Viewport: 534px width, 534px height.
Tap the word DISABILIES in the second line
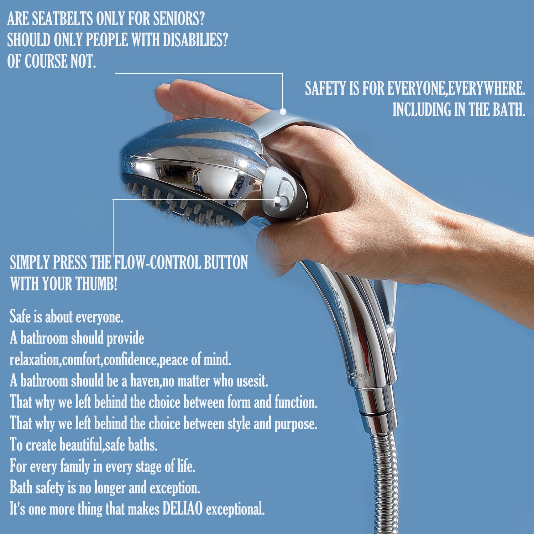point(195,40)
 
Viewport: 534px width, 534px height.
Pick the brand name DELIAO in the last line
point(182,509)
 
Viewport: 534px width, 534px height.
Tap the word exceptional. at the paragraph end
point(235,509)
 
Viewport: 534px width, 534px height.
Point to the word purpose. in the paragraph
point(296,424)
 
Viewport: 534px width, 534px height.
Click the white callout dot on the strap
point(283,111)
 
